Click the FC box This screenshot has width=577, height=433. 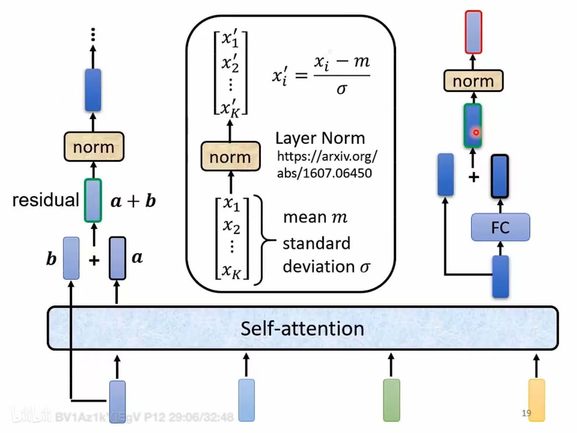[500, 227]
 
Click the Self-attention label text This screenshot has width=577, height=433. [302, 328]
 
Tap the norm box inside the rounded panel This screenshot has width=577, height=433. [231, 157]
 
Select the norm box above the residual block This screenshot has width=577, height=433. [94, 147]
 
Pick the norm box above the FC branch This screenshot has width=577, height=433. [473, 81]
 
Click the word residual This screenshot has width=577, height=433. [46, 200]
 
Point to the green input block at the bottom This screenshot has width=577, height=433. [391, 400]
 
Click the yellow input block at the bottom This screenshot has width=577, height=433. [536, 400]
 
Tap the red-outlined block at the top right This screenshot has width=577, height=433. [473, 32]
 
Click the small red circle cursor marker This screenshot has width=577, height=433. [476, 133]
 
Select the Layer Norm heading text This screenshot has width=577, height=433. [320, 138]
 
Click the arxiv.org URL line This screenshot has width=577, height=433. [327, 157]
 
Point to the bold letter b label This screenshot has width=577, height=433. [51, 259]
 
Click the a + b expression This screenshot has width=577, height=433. [133, 201]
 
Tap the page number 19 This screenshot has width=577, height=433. [526, 413]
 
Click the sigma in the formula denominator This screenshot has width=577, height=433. [341, 89]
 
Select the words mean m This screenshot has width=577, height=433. [315, 217]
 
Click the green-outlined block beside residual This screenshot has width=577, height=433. [93, 201]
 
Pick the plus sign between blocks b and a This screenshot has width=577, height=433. [94, 260]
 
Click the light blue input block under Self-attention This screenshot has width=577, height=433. [246, 400]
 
